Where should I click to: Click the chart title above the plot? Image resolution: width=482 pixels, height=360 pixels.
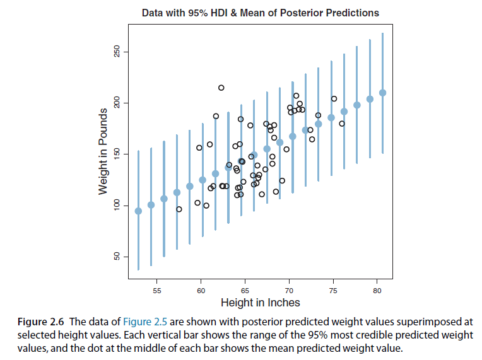pyautogui.click(x=261, y=13)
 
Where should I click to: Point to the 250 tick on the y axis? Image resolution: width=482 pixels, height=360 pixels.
pyautogui.click(x=117, y=52)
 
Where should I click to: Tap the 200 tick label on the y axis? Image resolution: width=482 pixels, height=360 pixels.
pyautogui.click(x=117, y=103)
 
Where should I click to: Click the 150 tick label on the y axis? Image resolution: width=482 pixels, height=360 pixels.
pyautogui.click(x=117, y=154)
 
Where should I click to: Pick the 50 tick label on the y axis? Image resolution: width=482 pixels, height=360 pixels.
pyautogui.click(x=117, y=257)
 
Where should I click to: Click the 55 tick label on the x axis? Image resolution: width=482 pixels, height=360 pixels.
pyautogui.click(x=157, y=290)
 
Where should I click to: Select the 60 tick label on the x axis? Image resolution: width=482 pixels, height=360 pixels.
pyautogui.click(x=201, y=290)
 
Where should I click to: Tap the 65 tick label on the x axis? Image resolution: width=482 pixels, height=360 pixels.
pyautogui.click(x=245, y=290)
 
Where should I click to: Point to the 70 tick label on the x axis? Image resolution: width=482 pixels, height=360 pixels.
pyautogui.click(x=289, y=290)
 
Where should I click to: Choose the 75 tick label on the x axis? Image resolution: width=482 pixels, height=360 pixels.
pyautogui.click(x=333, y=290)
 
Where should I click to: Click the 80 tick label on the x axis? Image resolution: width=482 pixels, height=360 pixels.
pyautogui.click(x=377, y=290)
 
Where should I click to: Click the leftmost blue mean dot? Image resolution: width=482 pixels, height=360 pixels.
pyautogui.click(x=138, y=211)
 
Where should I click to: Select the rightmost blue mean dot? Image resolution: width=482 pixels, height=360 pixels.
pyautogui.click(x=382, y=93)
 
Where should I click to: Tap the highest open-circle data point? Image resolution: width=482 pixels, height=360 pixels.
pyautogui.click(x=221, y=88)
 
